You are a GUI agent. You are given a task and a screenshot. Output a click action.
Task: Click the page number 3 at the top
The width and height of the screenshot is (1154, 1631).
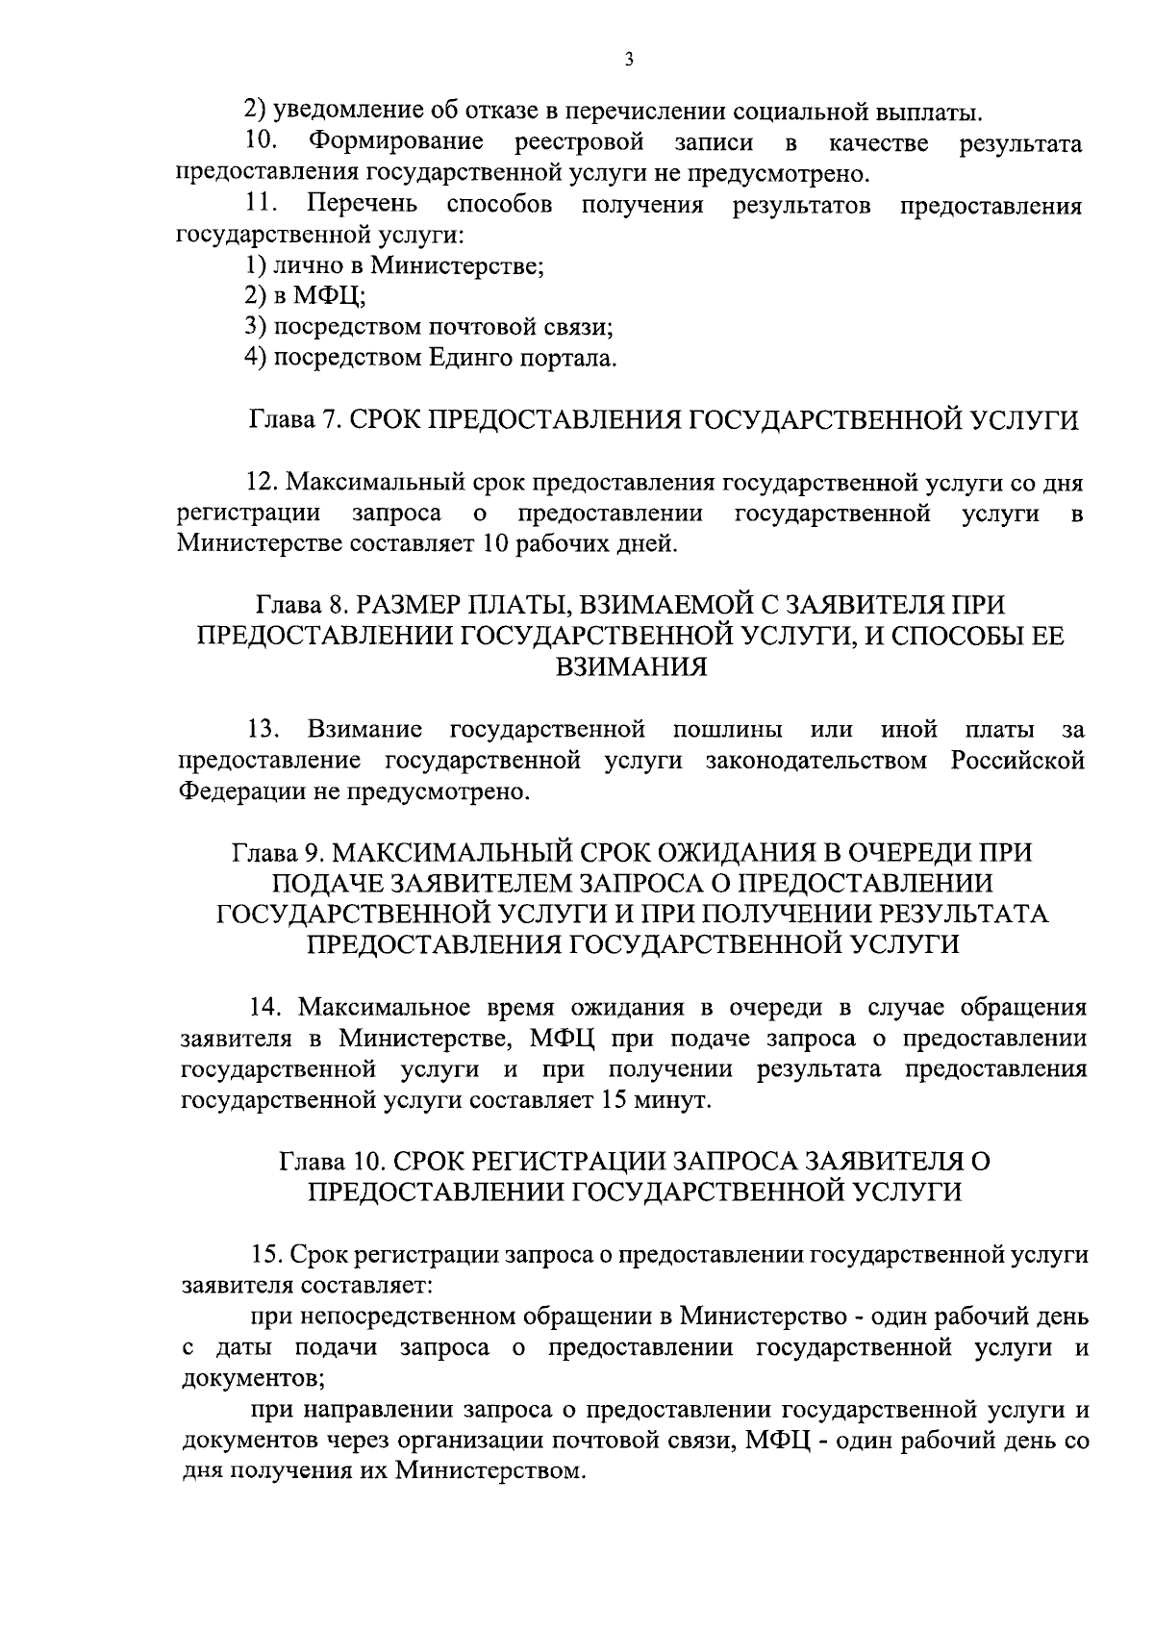click(628, 60)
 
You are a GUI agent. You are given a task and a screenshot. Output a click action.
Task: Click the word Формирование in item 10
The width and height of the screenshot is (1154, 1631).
click(395, 144)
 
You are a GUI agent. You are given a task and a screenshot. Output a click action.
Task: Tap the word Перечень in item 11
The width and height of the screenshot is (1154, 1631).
click(362, 205)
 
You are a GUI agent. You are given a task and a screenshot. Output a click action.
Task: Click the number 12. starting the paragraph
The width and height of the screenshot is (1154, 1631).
click(263, 481)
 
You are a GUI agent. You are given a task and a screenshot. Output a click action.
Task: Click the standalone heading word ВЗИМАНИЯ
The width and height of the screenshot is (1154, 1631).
click(632, 667)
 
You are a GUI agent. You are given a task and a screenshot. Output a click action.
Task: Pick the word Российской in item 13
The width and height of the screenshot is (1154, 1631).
click(1018, 761)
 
